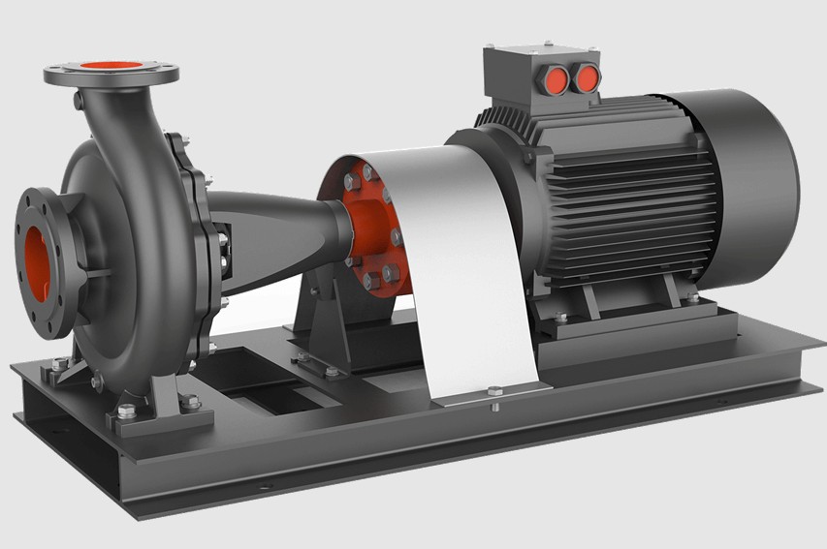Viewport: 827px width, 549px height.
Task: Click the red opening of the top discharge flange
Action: click(110, 67)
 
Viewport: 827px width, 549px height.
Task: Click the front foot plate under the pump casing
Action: click(160, 416)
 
